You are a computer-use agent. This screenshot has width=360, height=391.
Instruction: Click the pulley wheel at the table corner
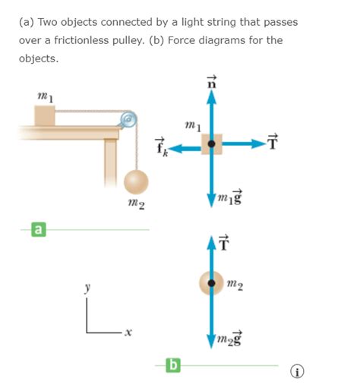[128, 119]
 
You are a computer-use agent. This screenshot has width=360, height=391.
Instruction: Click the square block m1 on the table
[44, 116]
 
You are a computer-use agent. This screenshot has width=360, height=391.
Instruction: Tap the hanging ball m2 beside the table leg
[136, 182]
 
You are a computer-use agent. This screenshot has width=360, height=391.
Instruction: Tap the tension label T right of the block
[273, 142]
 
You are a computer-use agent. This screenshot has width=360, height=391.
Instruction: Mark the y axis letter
[87, 288]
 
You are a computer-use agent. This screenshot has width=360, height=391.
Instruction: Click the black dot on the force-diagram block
[211, 143]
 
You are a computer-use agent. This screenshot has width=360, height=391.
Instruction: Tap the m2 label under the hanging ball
[137, 206]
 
